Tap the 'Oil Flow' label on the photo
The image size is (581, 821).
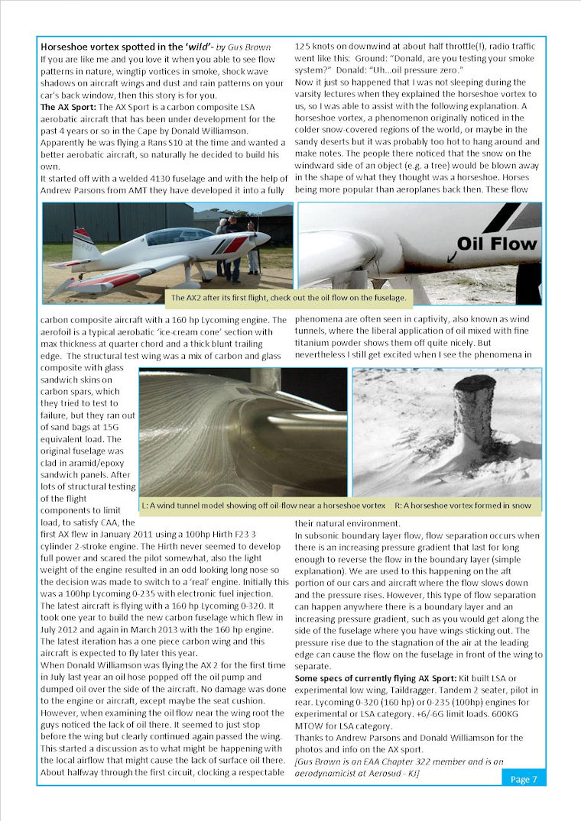[496, 245]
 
